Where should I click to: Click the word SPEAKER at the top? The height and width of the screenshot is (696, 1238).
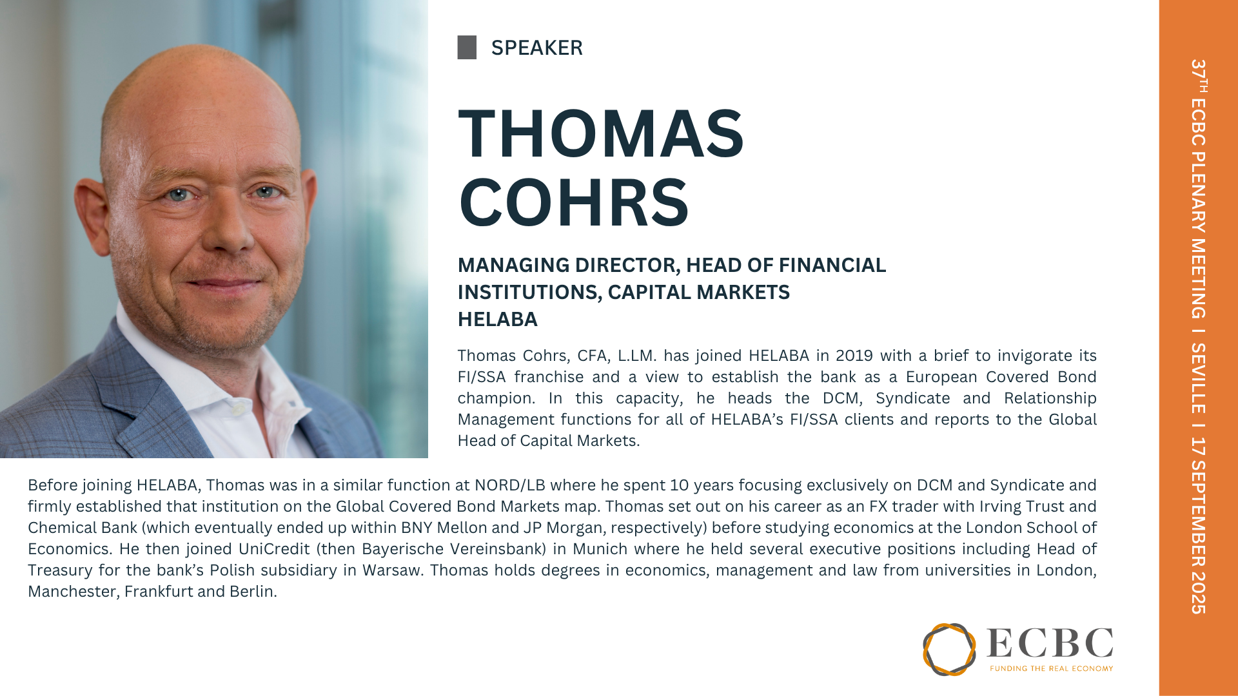point(536,48)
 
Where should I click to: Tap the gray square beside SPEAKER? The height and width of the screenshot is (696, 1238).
point(467,48)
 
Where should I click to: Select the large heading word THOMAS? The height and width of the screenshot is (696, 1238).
point(601,133)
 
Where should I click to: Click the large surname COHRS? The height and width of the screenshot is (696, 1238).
point(574,202)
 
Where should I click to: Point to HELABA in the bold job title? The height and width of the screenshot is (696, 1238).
point(497,319)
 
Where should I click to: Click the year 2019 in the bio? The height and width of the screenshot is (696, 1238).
point(854,356)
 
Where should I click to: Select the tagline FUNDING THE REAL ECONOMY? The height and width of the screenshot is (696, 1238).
point(1052,668)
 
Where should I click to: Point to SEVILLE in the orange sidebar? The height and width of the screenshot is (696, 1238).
point(1198,378)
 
